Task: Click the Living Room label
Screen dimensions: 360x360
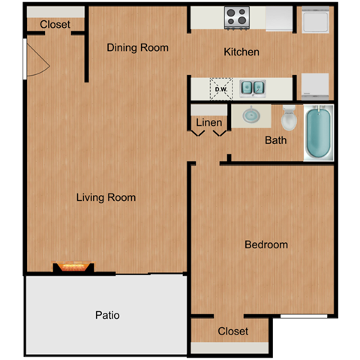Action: click(x=106, y=198)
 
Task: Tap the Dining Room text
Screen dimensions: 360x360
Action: click(x=137, y=48)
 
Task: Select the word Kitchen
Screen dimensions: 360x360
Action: click(x=241, y=52)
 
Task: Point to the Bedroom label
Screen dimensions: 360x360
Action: click(x=266, y=244)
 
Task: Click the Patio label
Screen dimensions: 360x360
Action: click(x=106, y=315)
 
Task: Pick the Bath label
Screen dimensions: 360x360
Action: click(x=276, y=139)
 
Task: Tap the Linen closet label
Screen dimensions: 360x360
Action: click(x=208, y=122)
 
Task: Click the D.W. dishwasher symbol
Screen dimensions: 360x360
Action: click(x=221, y=88)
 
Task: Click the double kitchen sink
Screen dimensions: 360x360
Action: click(x=253, y=88)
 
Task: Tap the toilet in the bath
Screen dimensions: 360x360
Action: click(x=289, y=118)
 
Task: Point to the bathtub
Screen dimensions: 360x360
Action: click(x=318, y=134)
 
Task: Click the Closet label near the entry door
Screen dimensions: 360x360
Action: click(x=55, y=25)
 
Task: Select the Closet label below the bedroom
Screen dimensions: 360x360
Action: click(x=232, y=331)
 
